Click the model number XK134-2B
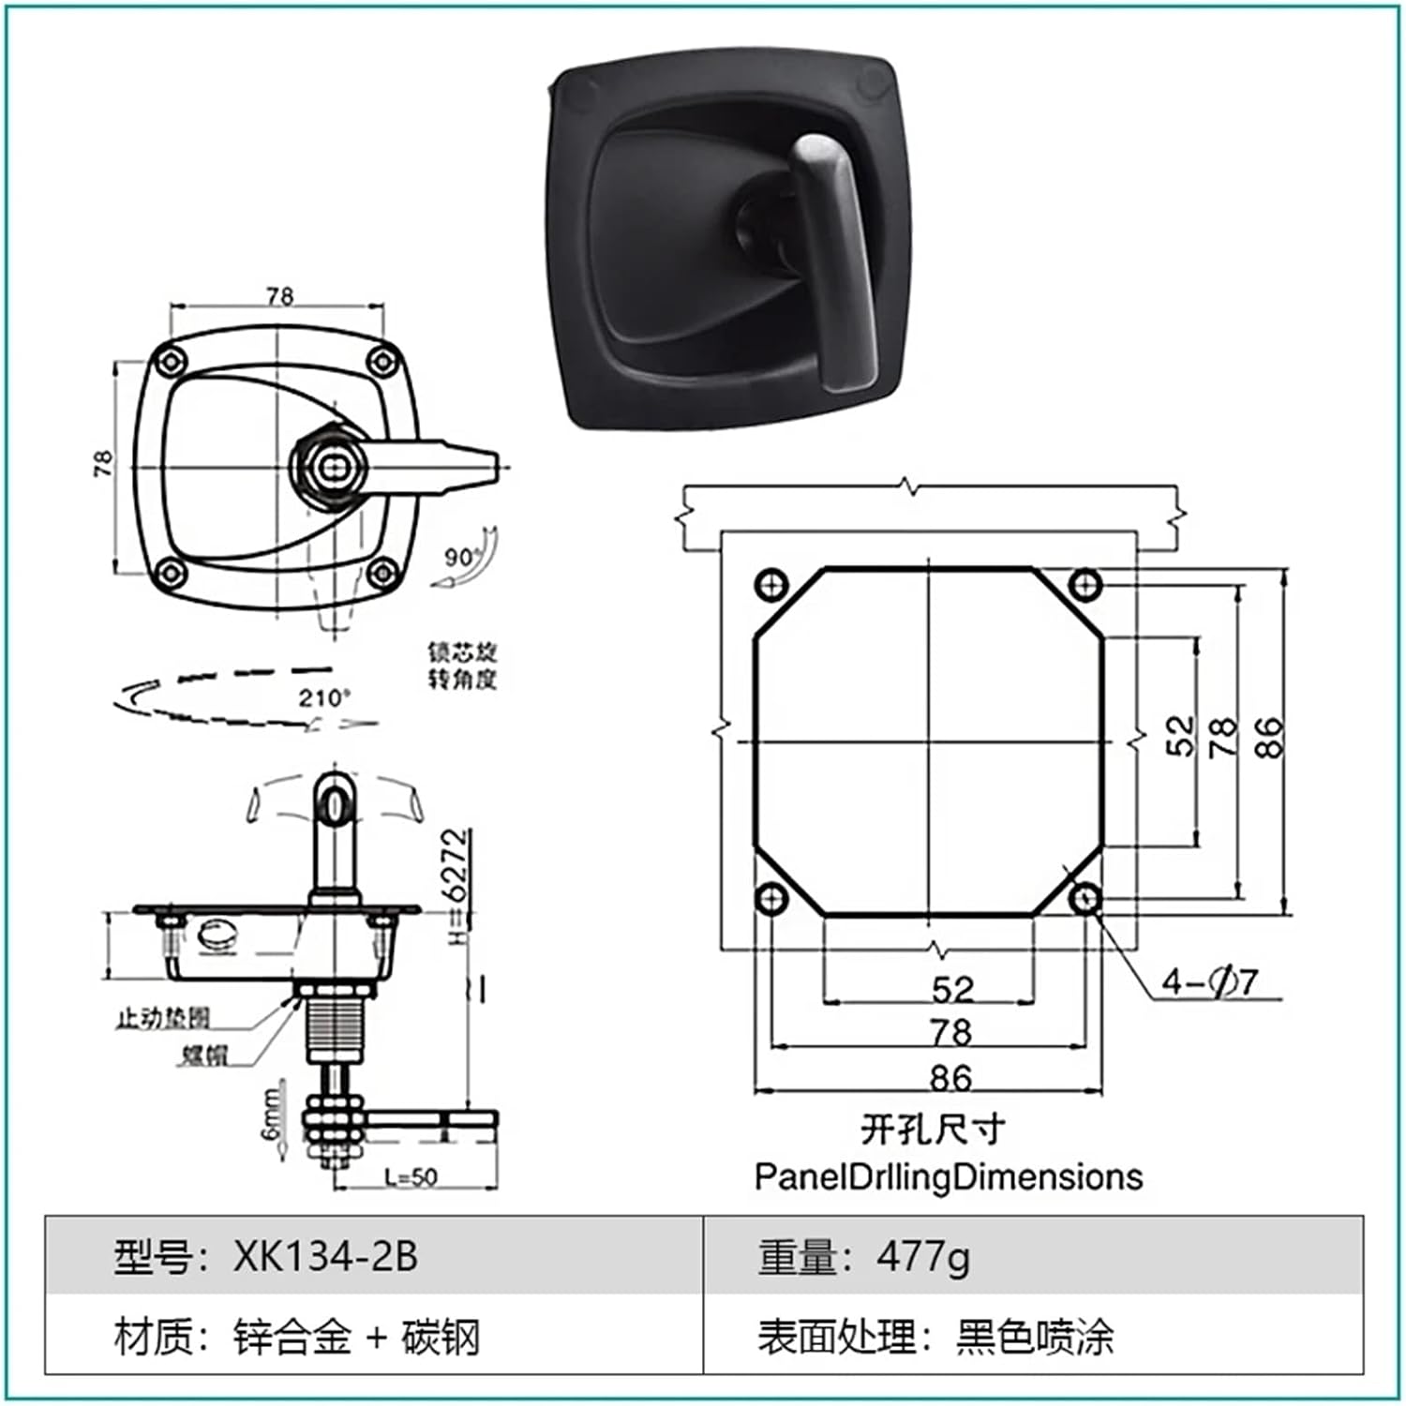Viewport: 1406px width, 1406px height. pyautogui.click(x=325, y=1256)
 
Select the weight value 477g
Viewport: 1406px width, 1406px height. pyautogui.click(x=923, y=1256)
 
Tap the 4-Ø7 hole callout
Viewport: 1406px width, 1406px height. pyautogui.click(x=1208, y=982)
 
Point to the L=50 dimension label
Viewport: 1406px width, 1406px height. pyautogui.click(x=411, y=1177)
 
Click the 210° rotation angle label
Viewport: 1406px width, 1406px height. pyautogui.click(x=324, y=697)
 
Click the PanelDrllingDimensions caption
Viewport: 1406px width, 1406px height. pyautogui.click(x=949, y=1176)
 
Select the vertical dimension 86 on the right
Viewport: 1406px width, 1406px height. pyautogui.click(x=1266, y=737)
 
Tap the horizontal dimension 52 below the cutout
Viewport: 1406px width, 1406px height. pyautogui.click(x=952, y=989)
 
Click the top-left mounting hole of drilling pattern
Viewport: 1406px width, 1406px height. pyautogui.click(x=770, y=587)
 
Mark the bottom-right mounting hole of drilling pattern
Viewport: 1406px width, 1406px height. pyautogui.click(x=1085, y=900)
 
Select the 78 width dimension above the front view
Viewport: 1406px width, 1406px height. pyautogui.click(x=279, y=296)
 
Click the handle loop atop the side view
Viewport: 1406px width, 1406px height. pyautogui.click(x=334, y=804)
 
